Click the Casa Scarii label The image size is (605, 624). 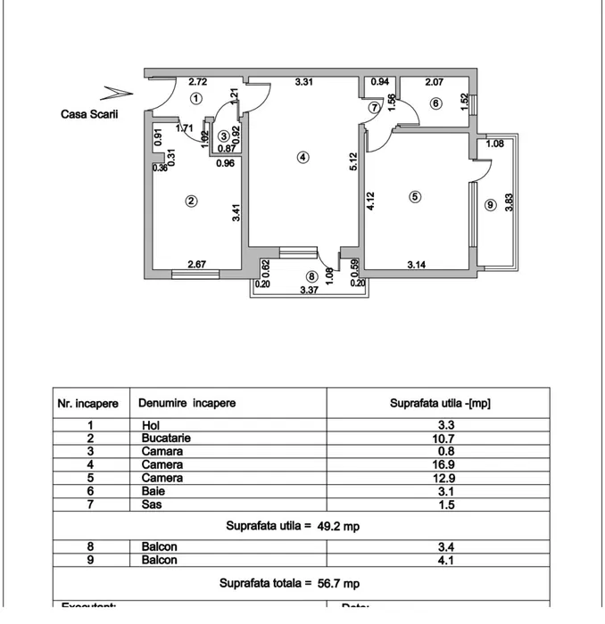[89, 114]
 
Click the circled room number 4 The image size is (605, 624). [303, 157]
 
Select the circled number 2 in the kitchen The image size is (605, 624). [190, 201]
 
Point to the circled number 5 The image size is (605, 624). [415, 197]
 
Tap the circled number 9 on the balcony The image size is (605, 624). [490, 205]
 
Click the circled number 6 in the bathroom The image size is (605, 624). [435, 103]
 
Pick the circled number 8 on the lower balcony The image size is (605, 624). [311, 276]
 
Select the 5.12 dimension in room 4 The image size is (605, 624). [354, 161]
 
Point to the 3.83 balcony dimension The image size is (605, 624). [509, 203]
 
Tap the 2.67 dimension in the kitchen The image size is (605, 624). [197, 263]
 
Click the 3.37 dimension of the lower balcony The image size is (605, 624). [309, 290]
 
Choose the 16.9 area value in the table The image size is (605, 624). [441, 464]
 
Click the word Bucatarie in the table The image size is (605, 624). [166, 439]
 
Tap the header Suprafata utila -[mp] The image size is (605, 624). [440, 403]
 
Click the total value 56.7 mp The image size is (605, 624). [339, 584]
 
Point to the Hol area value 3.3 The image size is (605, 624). [441, 425]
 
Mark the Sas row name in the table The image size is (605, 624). [151, 505]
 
